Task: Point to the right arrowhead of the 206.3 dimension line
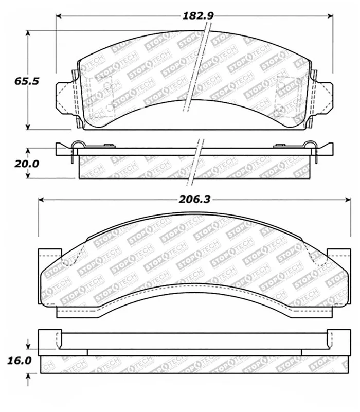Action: pyautogui.click(x=348, y=200)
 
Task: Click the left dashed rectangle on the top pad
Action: pyautogui.click(x=102, y=93)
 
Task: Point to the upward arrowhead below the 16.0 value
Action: pyautogui.click(x=28, y=378)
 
